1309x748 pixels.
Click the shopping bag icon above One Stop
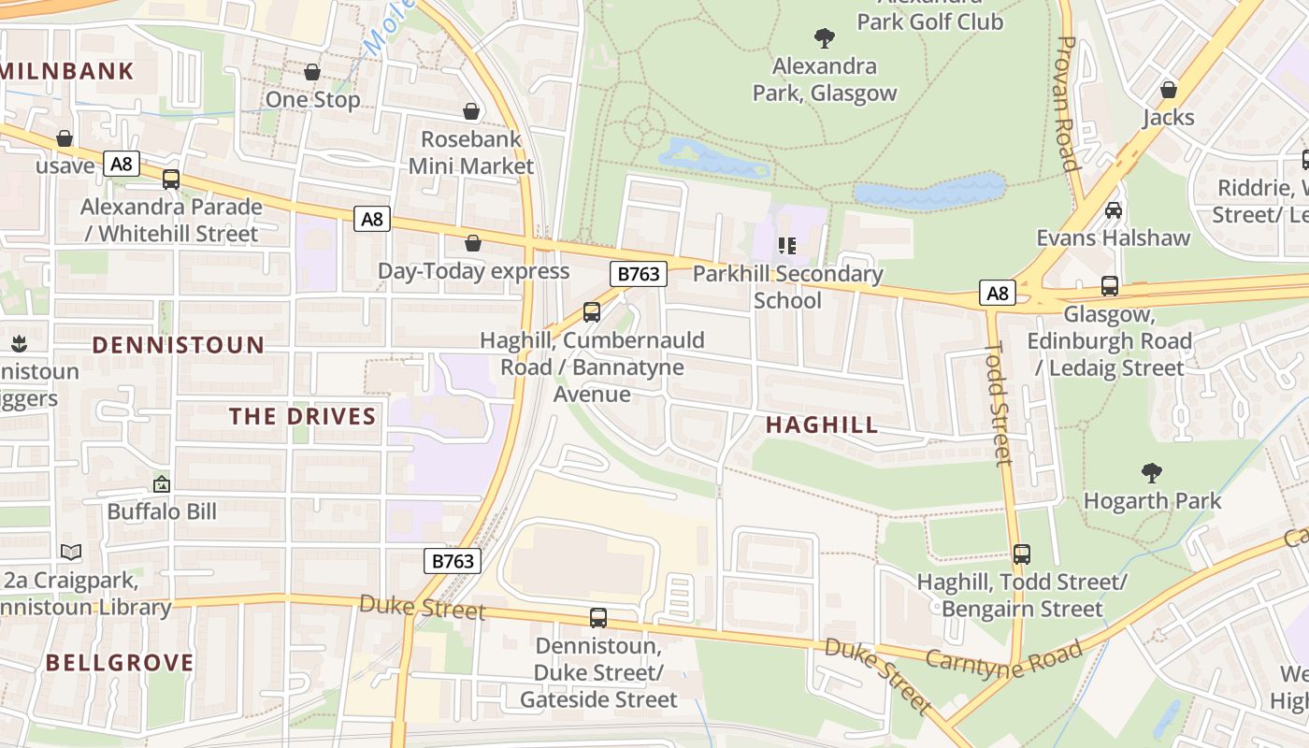(x=312, y=72)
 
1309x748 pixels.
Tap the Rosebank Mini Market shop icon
(x=472, y=111)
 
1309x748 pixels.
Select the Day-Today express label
(x=473, y=271)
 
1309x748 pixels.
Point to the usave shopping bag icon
(x=65, y=138)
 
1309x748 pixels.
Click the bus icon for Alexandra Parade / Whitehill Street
(x=171, y=180)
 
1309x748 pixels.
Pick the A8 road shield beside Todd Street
(x=998, y=294)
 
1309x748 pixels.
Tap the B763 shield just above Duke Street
(x=453, y=560)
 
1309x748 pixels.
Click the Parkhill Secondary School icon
(x=787, y=246)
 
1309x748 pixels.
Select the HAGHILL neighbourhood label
(x=822, y=425)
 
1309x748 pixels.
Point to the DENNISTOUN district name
(x=179, y=345)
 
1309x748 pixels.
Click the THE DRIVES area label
(x=303, y=417)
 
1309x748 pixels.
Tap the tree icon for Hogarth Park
(x=1151, y=473)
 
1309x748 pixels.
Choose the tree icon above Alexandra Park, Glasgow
(x=824, y=38)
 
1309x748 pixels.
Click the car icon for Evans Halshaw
(x=1114, y=210)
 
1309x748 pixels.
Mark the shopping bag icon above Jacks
(x=1168, y=90)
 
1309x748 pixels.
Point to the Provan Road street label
(x=1068, y=103)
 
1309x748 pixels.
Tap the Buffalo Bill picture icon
(x=162, y=484)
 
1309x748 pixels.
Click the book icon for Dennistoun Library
(x=71, y=552)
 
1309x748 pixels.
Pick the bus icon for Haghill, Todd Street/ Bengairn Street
(x=1022, y=554)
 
